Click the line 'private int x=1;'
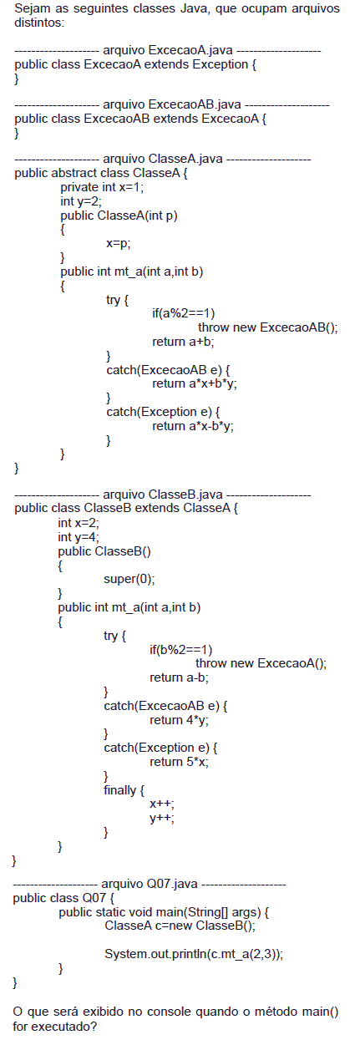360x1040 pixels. tap(102, 187)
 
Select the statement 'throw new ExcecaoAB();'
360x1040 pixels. tap(268, 327)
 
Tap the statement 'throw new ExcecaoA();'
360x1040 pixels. tap(261, 663)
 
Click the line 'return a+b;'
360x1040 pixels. tap(183, 342)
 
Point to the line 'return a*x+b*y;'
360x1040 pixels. tap(195, 383)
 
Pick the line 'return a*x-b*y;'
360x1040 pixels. tap(193, 426)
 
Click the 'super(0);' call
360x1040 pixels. tap(129, 579)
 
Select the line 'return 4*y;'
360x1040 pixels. tap(179, 720)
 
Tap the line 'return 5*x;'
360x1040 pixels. tap(179, 762)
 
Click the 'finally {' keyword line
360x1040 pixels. tap(124, 790)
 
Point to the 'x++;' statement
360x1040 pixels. tap(162, 804)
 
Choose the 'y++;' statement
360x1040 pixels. tap(162, 819)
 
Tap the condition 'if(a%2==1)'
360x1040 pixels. tap(184, 313)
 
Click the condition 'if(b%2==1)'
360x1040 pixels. tap(180, 650)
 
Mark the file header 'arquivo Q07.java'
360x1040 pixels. tap(150, 884)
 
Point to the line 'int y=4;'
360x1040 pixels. tap(79, 537)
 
